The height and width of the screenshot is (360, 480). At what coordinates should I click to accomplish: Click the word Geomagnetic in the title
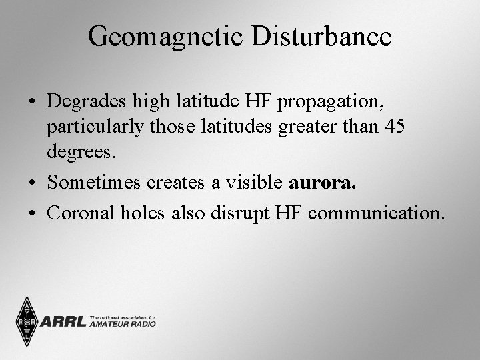point(167,37)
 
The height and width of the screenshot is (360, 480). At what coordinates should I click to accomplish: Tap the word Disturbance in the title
point(321,37)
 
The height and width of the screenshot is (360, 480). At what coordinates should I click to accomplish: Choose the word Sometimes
point(93,182)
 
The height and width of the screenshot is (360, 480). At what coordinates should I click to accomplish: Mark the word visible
point(257,182)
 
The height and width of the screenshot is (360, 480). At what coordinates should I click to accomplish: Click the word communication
point(377,213)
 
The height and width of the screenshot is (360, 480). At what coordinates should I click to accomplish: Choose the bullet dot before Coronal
point(32,214)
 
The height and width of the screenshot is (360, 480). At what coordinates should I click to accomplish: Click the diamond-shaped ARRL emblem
point(26,321)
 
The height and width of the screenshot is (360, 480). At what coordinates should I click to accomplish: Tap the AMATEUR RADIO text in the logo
point(123,325)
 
